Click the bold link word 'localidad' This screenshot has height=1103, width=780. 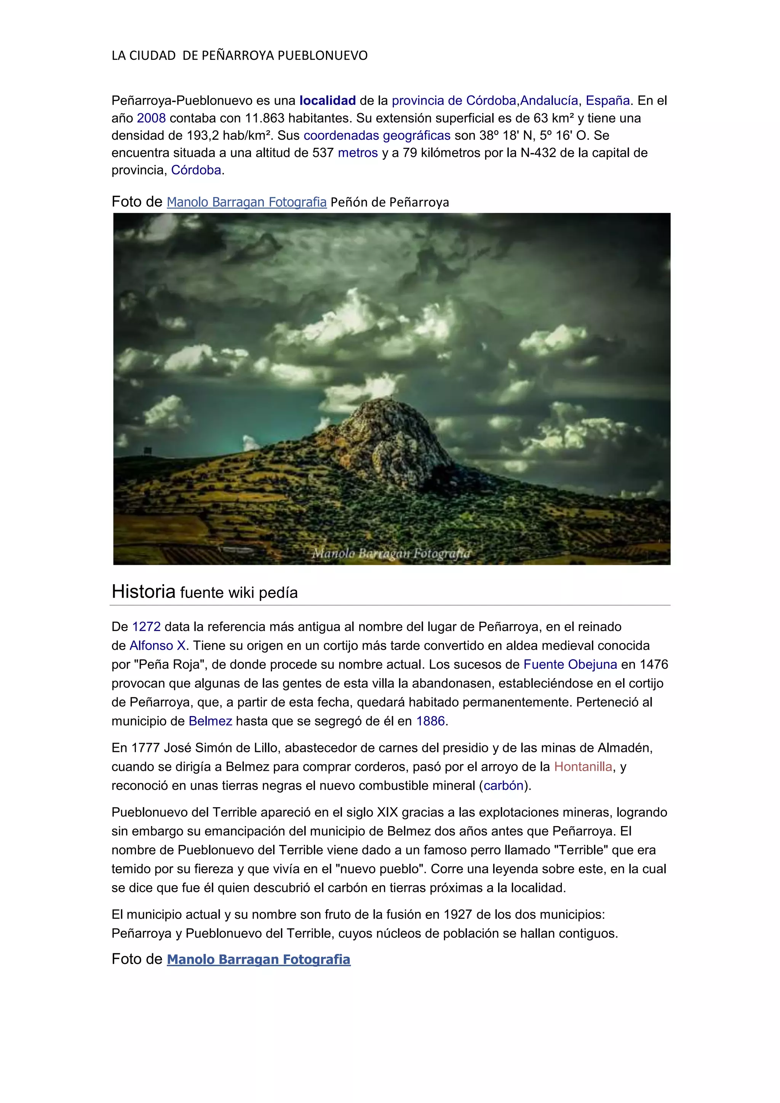(327, 101)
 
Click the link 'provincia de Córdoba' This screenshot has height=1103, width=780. (454, 101)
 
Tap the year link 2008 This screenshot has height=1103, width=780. (151, 118)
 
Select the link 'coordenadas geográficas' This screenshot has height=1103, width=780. (377, 136)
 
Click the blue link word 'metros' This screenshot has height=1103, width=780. (358, 153)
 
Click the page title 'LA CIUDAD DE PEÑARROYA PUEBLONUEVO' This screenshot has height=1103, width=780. (240, 56)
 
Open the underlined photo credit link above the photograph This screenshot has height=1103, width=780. (246, 202)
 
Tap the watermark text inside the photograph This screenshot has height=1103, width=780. (392, 553)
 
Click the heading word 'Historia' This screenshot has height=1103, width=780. (143, 592)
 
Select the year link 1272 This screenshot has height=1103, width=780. (147, 627)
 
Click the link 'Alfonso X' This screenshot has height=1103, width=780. (158, 646)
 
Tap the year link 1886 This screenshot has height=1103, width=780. (430, 721)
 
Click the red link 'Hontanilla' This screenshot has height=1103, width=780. (583, 767)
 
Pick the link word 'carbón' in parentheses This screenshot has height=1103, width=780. (503, 785)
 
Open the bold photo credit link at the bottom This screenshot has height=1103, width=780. (258, 960)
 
